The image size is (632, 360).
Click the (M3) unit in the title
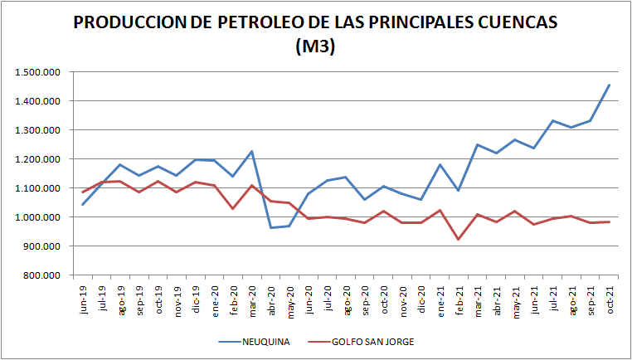click(315, 47)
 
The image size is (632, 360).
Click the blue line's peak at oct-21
click(610, 85)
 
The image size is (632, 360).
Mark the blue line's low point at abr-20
click(270, 227)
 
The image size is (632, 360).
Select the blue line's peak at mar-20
click(251, 151)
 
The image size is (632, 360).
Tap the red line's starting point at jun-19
click(82, 192)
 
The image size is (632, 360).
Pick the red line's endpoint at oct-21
click(610, 221)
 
